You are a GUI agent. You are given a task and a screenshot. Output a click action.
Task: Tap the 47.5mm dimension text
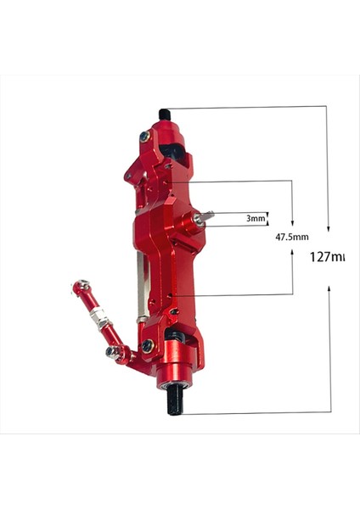(x=292, y=238)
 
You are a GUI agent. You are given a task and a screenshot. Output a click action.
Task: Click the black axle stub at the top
(x=165, y=115)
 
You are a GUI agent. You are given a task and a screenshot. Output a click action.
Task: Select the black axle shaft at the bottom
(x=175, y=401)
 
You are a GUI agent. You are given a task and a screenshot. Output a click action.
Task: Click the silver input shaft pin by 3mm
(x=205, y=218)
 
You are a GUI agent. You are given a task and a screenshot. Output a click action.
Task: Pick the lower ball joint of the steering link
(x=113, y=351)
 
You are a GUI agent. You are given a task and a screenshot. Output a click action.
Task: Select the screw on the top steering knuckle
(x=146, y=135)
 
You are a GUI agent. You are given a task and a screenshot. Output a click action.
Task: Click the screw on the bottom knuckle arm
(x=148, y=345)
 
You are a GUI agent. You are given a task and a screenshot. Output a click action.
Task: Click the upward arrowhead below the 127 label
(x=329, y=291)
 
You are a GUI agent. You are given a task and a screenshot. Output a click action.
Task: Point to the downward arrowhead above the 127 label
(x=329, y=228)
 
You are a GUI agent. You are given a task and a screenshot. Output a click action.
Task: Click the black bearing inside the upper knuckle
(x=174, y=150)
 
